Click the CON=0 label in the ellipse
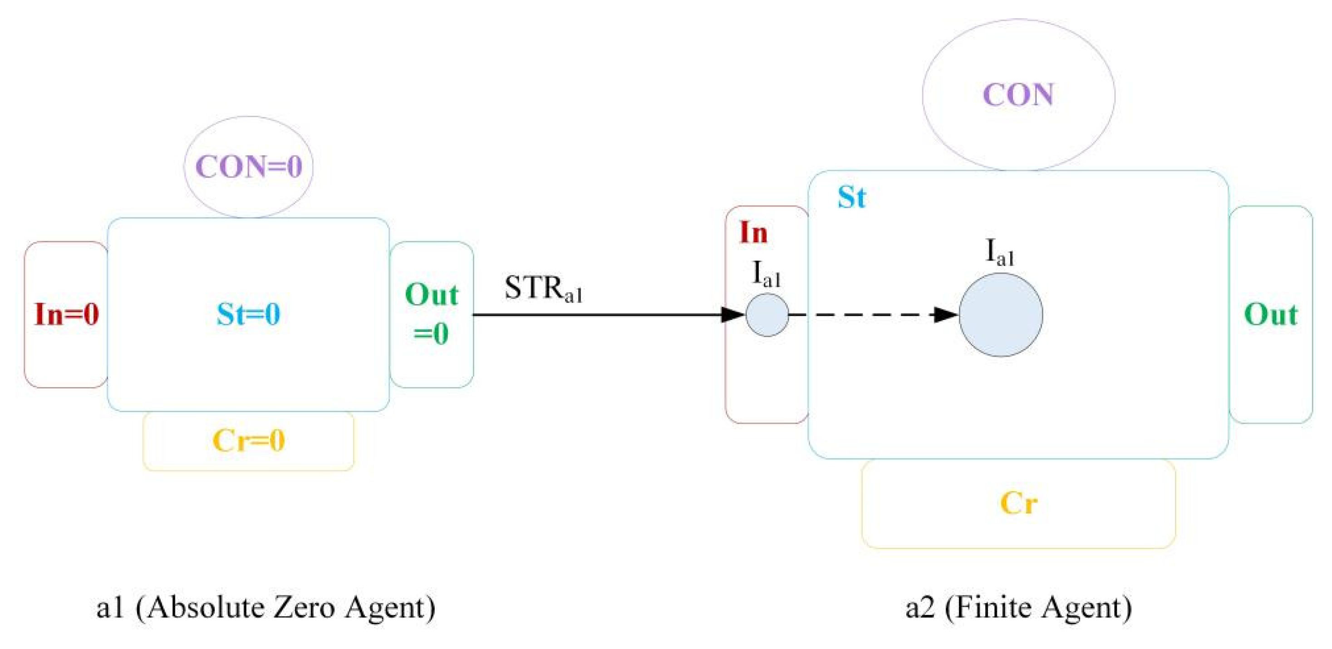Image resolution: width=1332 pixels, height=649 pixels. [x=249, y=167]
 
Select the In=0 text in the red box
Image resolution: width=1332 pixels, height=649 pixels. [x=67, y=315]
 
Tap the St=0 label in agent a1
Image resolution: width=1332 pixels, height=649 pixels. [x=249, y=315]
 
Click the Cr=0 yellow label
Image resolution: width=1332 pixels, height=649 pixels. [x=249, y=441]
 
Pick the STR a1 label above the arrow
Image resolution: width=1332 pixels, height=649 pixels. [x=543, y=289]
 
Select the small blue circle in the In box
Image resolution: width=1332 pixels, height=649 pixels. [x=767, y=315]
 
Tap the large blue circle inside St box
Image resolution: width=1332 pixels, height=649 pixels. [x=1001, y=315]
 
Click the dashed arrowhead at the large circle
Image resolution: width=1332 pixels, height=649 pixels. [x=947, y=315]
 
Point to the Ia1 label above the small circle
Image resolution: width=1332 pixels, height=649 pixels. [x=766, y=274]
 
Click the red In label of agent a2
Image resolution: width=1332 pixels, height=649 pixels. [x=753, y=232]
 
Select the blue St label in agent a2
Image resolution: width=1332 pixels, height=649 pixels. [x=851, y=198]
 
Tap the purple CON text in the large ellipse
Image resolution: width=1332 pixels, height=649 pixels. [x=1018, y=95]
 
